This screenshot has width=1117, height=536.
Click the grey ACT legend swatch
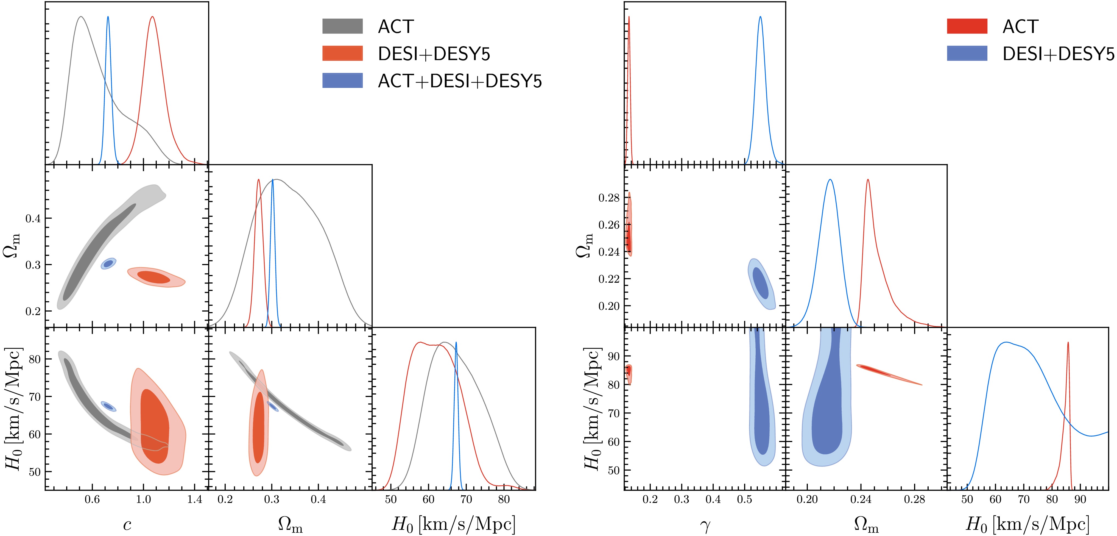[342, 26]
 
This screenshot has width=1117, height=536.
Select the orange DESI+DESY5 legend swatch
[342, 53]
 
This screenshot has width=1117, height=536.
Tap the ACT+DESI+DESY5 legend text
[460, 81]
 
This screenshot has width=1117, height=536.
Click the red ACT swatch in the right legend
[967, 26]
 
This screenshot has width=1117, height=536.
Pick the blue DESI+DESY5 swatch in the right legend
[967, 53]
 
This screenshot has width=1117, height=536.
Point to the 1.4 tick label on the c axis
[195, 499]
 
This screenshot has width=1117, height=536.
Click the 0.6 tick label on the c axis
[92, 499]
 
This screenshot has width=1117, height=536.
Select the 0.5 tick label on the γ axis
[744, 499]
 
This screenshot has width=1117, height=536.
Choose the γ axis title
[705, 526]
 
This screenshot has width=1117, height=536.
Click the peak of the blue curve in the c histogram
[108, 17]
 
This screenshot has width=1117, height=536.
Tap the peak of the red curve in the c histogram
[152, 17]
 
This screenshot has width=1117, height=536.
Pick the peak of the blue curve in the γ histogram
[760, 17]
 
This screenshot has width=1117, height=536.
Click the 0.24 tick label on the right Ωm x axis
[861, 499]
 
